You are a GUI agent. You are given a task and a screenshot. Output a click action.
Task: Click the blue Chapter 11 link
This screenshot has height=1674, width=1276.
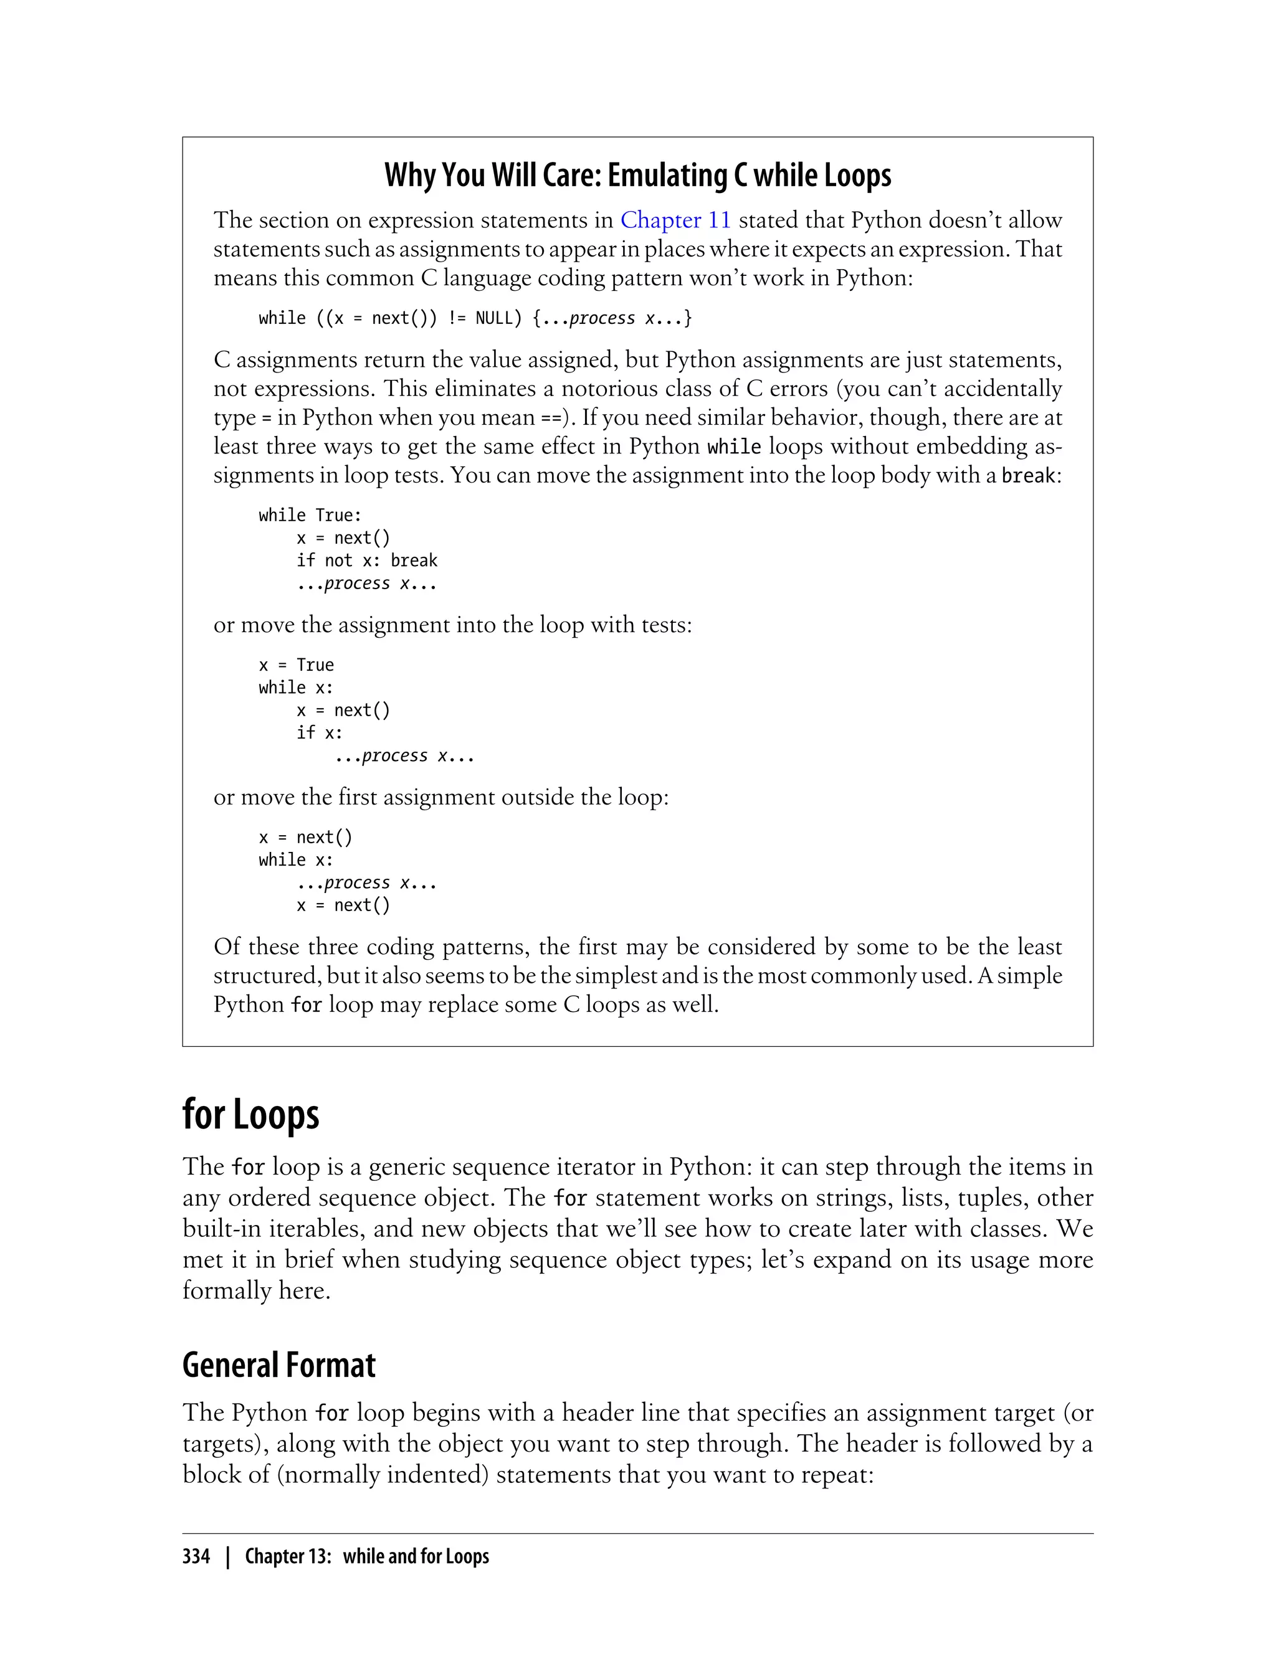[675, 220]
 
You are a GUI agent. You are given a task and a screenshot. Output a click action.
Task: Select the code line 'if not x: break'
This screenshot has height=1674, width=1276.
[367, 560]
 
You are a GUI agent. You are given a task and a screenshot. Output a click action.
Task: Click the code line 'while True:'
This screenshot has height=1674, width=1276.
[310, 516]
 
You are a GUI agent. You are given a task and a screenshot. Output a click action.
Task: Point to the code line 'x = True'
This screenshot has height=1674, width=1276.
[296, 665]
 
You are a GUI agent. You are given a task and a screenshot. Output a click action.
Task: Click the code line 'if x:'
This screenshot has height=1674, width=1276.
[319, 732]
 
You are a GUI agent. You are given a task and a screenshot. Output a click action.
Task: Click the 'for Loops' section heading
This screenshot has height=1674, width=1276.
[250, 1115]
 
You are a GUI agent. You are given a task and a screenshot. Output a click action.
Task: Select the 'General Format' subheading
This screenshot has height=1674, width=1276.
[279, 1365]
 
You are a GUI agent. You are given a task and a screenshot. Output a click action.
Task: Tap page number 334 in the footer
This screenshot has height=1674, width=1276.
[196, 1557]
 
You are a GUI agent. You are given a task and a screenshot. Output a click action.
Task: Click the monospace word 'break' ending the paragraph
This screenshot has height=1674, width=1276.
[1027, 476]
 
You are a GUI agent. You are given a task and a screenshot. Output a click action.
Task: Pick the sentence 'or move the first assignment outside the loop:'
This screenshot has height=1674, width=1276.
[440, 797]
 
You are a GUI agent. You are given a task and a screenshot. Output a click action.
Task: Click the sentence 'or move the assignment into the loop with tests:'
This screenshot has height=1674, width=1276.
[453, 625]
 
